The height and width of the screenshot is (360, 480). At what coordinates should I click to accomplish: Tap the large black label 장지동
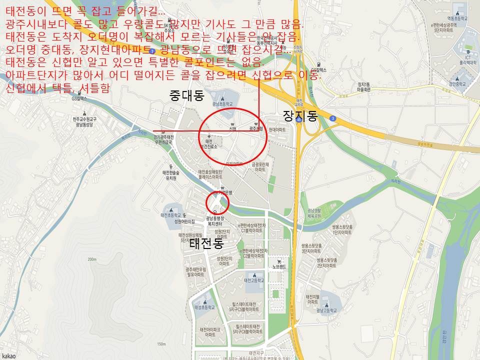click(300, 116)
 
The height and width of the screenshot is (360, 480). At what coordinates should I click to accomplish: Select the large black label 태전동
click(205, 244)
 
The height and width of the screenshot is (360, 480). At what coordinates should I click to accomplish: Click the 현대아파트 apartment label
click(277, 129)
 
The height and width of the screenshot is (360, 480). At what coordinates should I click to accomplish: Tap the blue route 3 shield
click(333, 118)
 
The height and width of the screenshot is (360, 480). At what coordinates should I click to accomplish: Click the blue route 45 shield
click(298, 120)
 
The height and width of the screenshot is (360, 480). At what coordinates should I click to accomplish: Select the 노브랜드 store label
click(279, 266)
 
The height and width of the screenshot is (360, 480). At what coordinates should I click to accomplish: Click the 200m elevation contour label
click(91, 259)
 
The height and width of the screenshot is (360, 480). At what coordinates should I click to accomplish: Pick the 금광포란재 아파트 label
click(260, 167)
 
